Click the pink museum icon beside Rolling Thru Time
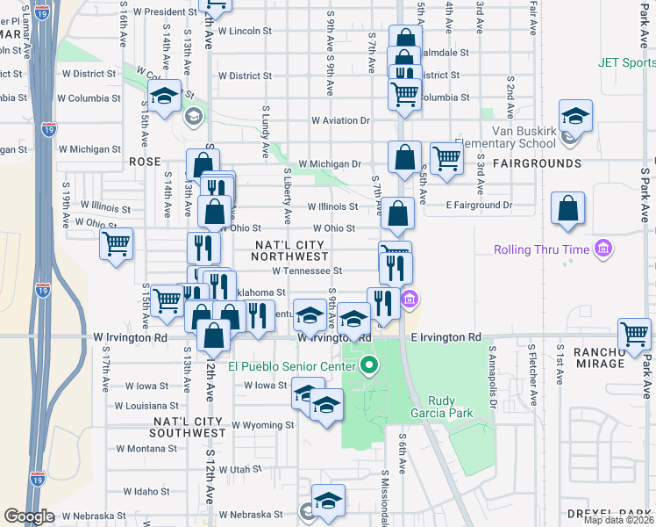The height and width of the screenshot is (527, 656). coord(602,249)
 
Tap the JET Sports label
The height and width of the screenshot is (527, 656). coord(626,62)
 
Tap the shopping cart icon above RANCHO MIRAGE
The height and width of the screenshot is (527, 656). coord(634,333)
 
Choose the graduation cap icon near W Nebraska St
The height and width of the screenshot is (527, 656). coord(328,500)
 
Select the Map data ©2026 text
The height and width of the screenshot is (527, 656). coord(618,520)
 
